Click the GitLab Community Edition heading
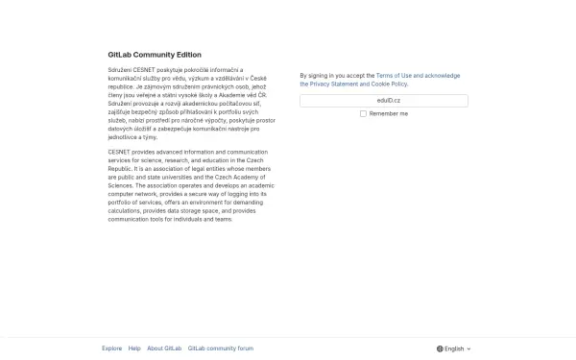tap(155, 55)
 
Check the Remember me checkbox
tap(363, 113)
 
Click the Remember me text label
tap(388, 113)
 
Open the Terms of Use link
tap(400, 75)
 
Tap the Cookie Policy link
tap(389, 84)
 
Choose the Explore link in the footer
tap(112, 348)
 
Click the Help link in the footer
tap(134, 348)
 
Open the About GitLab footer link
tap(164, 348)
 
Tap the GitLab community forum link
tap(221, 348)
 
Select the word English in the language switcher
tap(454, 349)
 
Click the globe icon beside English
tap(440, 349)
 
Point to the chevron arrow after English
tap(469, 349)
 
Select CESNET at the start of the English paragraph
tap(119, 152)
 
